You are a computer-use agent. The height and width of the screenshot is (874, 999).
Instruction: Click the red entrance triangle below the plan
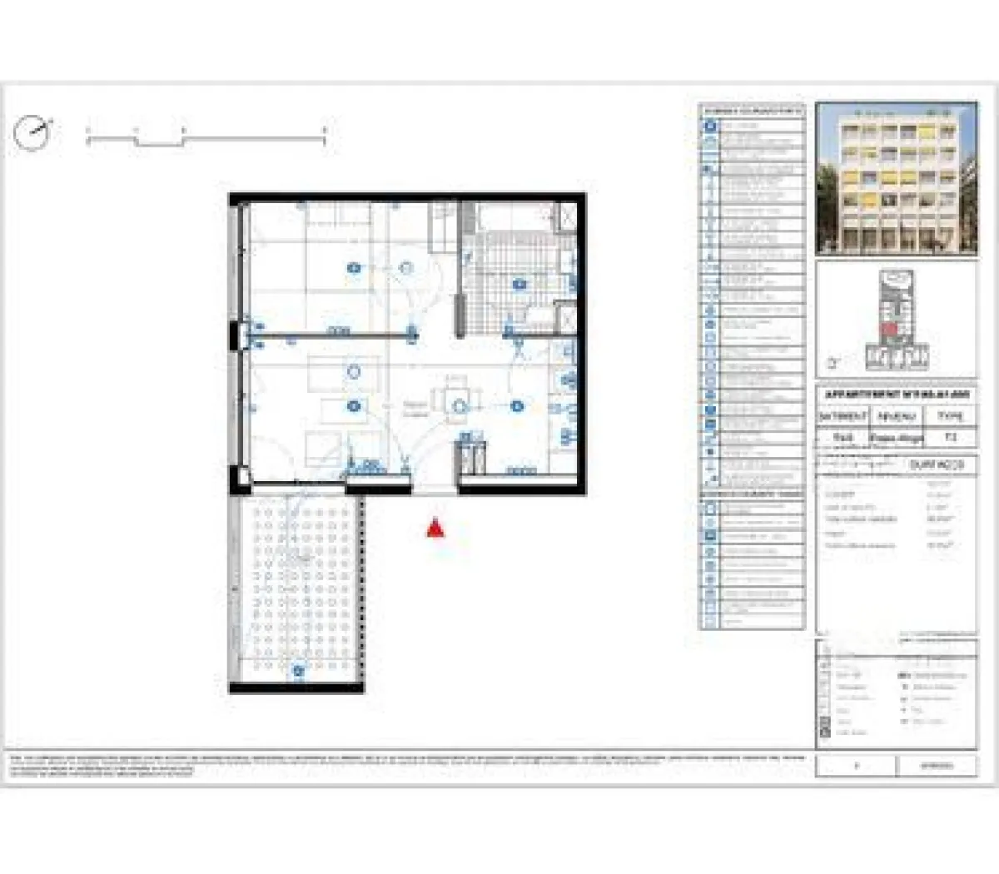point(435,529)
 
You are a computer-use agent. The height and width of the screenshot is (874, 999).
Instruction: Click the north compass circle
point(32,133)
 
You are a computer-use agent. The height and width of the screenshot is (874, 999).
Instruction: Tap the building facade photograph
point(896,178)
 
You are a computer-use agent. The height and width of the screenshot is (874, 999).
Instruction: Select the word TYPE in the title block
point(950,415)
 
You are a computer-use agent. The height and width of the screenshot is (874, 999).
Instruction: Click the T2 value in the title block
point(950,437)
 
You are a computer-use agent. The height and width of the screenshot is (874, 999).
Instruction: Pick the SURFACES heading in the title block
point(936,464)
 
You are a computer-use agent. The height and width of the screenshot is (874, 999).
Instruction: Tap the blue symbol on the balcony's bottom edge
point(297,669)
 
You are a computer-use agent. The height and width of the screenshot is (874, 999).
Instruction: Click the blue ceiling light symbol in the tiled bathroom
point(520,284)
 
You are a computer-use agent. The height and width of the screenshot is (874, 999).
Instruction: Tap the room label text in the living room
point(415,408)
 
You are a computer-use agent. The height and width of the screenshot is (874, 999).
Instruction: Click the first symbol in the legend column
point(710,127)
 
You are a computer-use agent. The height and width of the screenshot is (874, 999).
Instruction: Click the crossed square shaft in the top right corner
point(564,215)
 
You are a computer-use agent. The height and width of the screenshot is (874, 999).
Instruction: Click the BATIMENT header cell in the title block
point(842,415)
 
